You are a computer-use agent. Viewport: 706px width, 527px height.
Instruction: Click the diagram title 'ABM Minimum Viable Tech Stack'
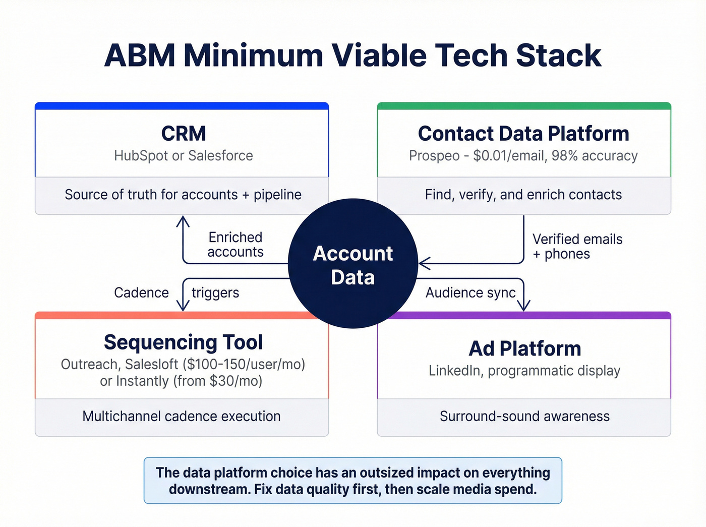click(352, 55)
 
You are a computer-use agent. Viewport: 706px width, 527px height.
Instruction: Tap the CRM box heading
click(184, 134)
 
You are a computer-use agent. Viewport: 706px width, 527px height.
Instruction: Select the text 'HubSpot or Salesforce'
click(184, 155)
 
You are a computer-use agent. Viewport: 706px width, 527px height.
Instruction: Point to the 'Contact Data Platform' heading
click(523, 134)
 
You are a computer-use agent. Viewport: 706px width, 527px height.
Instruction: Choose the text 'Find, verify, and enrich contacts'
click(523, 195)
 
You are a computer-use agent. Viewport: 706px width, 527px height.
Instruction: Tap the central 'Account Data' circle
click(352, 264)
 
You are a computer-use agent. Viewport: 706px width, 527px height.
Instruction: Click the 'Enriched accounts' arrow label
click(236, 245)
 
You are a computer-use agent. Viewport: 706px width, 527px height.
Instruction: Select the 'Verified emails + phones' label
click(577, 246)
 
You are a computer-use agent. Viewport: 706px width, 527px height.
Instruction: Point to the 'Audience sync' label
click(470, 292)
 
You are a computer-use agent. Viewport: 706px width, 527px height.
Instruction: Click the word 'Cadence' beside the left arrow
click(141, 292)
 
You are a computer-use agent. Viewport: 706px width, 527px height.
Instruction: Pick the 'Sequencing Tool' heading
click(183, 342)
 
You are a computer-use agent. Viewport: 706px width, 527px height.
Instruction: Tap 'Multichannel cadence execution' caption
click(182, 416)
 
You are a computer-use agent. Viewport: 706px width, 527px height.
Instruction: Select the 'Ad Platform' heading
click(524, 348)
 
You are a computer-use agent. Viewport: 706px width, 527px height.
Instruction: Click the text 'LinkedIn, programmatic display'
click(524, 371)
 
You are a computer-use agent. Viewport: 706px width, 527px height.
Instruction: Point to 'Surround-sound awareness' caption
click(524, 416)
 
